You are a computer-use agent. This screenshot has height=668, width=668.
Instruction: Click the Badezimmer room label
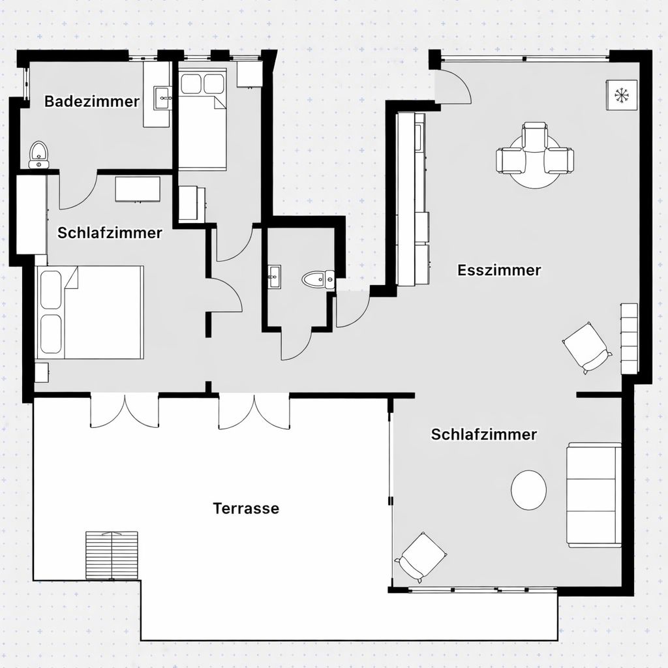[91, 102]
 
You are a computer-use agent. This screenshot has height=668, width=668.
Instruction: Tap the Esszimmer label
[499, 270]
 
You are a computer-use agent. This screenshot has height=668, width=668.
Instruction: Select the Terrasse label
[246, 508]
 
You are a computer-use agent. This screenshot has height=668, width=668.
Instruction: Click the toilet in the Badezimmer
[39, 155]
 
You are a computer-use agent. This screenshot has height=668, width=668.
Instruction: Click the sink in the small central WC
[273, 277]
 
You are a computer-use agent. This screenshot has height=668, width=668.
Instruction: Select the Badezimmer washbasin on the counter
[162, 100]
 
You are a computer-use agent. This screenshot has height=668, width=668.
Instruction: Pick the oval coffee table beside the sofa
[528, 491]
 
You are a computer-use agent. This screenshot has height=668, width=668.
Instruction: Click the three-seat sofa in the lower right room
[592, 494]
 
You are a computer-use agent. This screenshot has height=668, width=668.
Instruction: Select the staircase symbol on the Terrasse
[112, 554]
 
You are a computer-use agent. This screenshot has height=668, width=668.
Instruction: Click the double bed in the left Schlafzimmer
[90, 311]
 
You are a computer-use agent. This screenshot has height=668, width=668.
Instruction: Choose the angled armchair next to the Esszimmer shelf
[587, 347]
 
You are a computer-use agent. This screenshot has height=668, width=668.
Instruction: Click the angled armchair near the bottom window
[421, 556]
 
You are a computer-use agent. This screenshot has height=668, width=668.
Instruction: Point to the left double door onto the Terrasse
[124, 411]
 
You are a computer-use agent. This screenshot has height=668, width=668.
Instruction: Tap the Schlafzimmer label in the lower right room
[483, 434]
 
